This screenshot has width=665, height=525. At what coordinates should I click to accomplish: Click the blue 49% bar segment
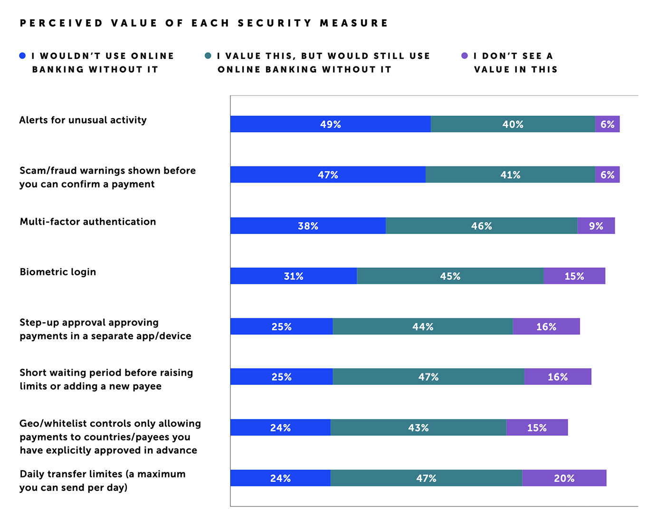point(330,124)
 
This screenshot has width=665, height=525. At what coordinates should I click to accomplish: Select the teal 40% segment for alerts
point(513,124)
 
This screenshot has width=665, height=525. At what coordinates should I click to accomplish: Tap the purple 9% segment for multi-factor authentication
point(596,226)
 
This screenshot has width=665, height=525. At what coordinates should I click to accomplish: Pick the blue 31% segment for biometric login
point(294,276)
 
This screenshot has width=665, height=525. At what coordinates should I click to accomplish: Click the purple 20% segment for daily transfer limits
point(564,478)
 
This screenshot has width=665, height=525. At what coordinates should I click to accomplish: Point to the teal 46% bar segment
point(482,226)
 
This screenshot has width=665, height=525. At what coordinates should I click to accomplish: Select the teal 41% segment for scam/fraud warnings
point(510,175)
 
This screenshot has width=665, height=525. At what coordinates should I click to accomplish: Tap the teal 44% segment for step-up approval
point(423,326)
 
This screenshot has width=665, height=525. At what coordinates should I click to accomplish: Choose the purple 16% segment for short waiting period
point(558,377)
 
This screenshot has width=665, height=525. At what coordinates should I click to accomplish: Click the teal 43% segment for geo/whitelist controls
point(418,428)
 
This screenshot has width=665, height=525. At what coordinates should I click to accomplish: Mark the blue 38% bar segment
point(308,226)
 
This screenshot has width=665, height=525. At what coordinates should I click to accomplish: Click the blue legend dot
point(22,56)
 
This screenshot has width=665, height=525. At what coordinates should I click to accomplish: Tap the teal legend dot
point(208,56)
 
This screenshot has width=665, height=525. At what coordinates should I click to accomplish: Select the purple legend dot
point(465,56)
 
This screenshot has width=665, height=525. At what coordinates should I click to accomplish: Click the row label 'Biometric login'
point(58,272)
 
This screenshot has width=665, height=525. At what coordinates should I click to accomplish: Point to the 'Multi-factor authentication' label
point(88,221)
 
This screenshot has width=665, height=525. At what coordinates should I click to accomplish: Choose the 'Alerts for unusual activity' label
point(83,120)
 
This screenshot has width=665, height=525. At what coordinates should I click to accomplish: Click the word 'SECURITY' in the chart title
point(275,23)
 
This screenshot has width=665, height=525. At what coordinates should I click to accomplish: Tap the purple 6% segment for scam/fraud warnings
point(607,175)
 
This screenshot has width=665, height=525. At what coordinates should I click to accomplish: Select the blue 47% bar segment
point(328,175)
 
